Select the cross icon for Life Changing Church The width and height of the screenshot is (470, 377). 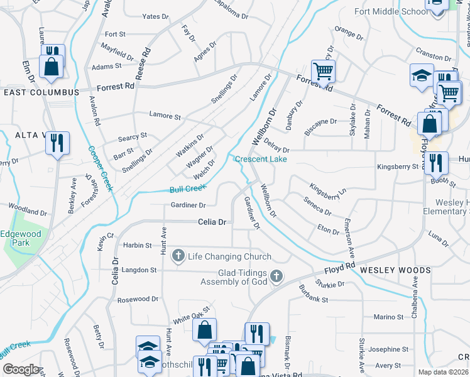[x=178, y=256]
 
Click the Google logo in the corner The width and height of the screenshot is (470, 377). [x=21, y=369]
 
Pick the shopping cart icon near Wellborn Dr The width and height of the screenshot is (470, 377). [x=323, y=72]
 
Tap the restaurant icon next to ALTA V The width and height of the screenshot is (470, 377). [x=57, y=143]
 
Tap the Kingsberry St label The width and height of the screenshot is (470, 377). [x=397, y=167]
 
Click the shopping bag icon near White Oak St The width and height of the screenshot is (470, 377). [x=204, y=330]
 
